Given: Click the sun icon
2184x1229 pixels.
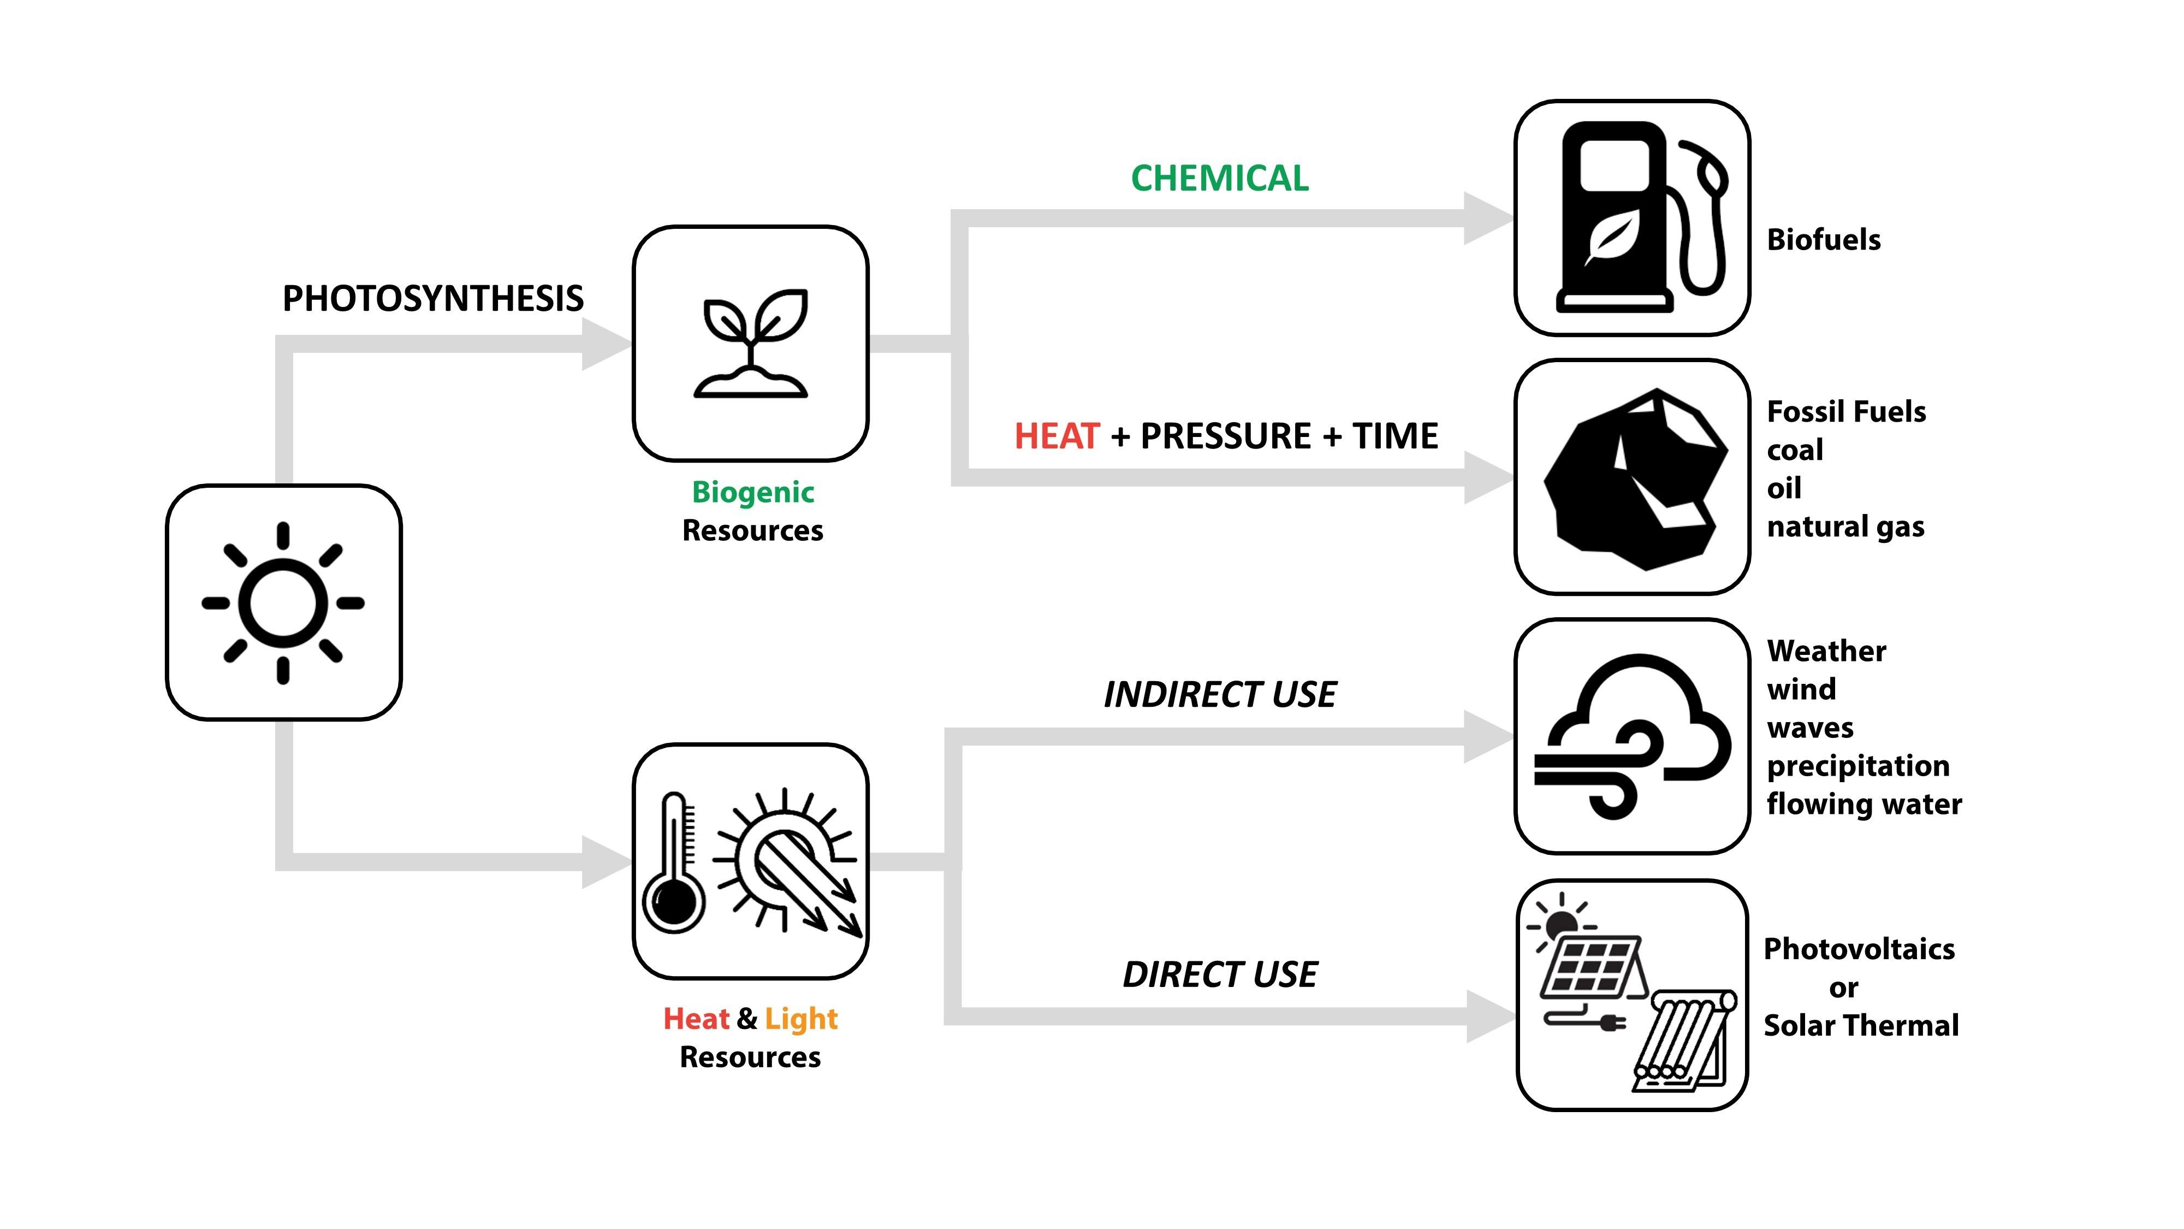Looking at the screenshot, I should click(283, 603).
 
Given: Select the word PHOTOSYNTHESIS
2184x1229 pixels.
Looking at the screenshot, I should click(432, 299).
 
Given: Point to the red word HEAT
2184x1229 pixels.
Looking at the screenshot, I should click(1057, 436).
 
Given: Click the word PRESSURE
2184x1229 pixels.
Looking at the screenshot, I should click(1225, 436).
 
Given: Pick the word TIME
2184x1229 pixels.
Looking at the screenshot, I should click(1394, 436).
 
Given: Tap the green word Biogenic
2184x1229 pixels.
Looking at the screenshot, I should click(753, 492).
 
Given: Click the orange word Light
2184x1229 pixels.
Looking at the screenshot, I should click(801, 1019).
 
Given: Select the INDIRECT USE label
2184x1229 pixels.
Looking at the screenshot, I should click(1220, 695).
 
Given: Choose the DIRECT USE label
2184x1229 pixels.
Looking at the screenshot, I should click(1220, 974).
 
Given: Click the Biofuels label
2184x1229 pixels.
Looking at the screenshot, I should click(1824, 240).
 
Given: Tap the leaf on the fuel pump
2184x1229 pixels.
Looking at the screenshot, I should click(1612, 236).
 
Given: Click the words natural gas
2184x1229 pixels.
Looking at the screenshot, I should click(1845, 527).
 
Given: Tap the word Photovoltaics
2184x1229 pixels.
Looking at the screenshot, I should click(1859, 949).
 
